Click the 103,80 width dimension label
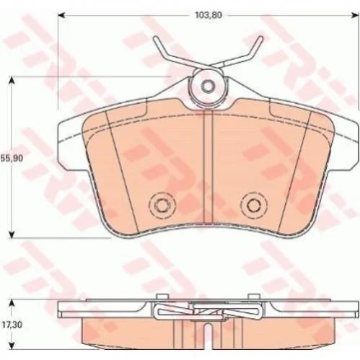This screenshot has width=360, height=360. pyautogui.click(x=208, y=15)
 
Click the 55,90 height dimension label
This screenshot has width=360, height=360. pyautogui.click(x=12, y=158)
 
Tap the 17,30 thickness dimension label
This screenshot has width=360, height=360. pyautogui.click(x=12, y=325)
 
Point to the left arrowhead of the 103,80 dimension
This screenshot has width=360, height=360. pyautogui.click(x=61, y=16)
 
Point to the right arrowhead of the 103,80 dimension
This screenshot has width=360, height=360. pyautogui.click(x=356, y=16)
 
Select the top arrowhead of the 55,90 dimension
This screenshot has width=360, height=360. pyautogui.click(x=12, y=81)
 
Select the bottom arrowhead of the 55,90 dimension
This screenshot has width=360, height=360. pyautogui.click(x=12, y=234)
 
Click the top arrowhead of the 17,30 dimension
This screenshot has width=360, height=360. pyautogui.click(x=12, y=303)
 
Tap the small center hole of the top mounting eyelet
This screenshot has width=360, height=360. pyautogui.click(x=208, y=86)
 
